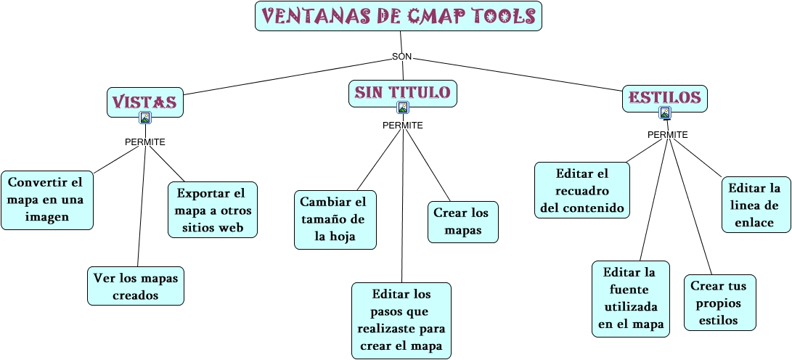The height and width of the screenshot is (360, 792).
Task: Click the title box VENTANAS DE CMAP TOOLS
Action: click(x=398, y=16)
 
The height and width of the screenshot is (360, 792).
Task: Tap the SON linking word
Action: click(x=401, y=57)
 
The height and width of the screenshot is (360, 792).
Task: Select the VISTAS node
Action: click(x=144, y=102)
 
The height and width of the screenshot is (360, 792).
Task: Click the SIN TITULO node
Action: click(x=402, y=92)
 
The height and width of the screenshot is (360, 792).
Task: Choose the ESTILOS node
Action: click(x=664, y=97)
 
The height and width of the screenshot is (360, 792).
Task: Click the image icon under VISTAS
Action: click(x=145, y=118)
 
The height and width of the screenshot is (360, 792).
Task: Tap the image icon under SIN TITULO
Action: click(x=403, y=107)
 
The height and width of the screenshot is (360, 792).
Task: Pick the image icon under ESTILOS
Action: click(x=665, y=112)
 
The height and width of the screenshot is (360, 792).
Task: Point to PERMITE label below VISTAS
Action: click(x=145, y=142)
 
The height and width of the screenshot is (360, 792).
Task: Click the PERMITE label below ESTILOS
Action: click(x=667, y=134)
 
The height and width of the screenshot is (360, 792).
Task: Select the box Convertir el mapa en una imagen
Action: click(x=46, y=200)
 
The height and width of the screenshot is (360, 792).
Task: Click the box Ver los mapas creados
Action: click(x=136, y=286)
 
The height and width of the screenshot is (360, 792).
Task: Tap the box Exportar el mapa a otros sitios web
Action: click(x=212, y=210)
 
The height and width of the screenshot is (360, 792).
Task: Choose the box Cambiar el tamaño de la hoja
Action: click(x=335, y=219)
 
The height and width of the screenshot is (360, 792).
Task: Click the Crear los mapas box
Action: click(x=462, y=222)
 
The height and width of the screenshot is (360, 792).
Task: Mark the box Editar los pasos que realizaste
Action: click(x=401, y=320)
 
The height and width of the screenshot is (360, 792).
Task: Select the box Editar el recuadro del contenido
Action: click(x=582, y=190)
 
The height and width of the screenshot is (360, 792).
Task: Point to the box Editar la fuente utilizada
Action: click(x=630, y=298)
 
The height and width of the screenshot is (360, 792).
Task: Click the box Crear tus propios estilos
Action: click(x=719, y=303)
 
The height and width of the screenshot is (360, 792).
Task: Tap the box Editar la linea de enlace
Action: click(x=756, y=205)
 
